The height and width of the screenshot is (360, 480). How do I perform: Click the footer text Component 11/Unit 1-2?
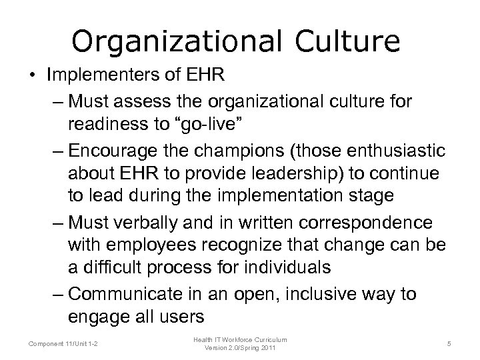63,343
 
